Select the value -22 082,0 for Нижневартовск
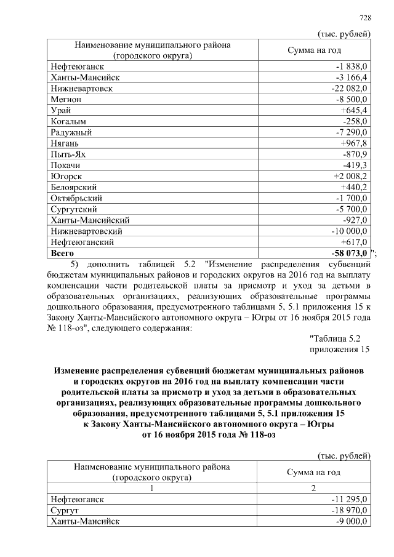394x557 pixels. (349, 88)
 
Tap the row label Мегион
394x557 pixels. (66, 99)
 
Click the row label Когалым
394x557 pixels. (70, 121)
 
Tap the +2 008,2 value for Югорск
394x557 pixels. (351, 177)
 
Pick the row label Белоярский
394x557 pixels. (74, 187)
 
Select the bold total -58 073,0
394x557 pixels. (347, 253)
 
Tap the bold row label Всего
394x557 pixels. (63, 253)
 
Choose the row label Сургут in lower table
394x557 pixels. (65, 510)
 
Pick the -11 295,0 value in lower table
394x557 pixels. (349, 499)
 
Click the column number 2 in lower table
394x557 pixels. (313, 487)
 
